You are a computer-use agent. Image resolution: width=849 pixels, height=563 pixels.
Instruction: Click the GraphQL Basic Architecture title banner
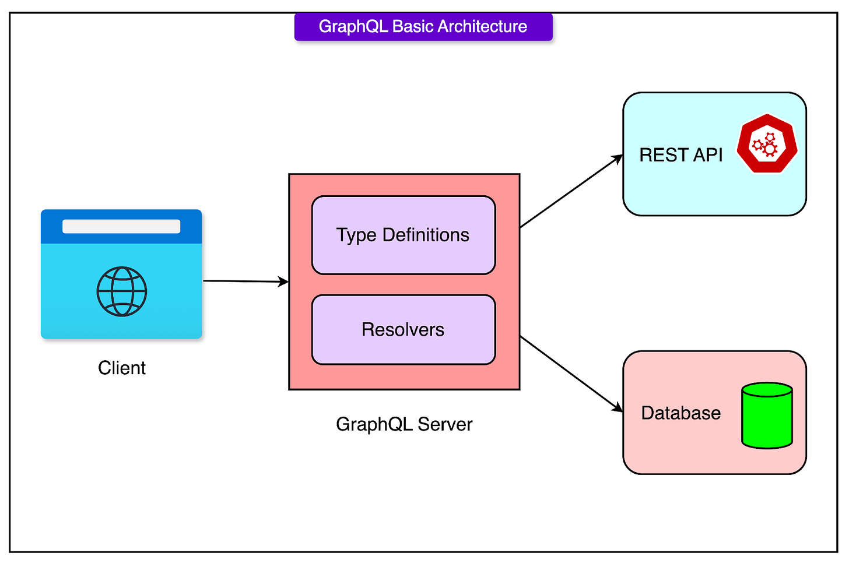point(423,27)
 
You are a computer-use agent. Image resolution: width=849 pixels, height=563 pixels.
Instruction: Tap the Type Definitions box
point(404,235)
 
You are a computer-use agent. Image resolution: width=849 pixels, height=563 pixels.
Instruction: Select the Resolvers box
point(404,330)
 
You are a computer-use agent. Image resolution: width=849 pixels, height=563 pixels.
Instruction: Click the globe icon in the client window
point(122,291)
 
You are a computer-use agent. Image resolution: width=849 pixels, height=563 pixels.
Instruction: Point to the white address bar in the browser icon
point(121,226)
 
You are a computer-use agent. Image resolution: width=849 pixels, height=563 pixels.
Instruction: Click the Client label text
point(122,368)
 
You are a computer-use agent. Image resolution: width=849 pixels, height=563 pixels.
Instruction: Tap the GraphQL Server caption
point(404,424)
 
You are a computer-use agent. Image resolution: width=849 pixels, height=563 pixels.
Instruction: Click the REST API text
point(680,155)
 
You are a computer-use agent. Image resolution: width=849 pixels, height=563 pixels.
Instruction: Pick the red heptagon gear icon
point(767,143)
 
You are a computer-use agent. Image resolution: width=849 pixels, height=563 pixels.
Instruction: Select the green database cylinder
point(767,416)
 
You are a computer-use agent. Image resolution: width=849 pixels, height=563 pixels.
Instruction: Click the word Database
point(680,413)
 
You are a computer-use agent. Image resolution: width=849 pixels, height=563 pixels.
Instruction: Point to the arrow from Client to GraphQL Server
point(246,281)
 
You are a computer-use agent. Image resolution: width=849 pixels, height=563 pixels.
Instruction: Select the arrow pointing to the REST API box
point(571,191)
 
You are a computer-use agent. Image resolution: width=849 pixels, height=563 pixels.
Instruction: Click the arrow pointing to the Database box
point(571,374)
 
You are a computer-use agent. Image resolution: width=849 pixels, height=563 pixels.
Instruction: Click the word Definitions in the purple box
point(426,235)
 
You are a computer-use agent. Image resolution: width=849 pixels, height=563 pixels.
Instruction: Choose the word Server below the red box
point(445,424)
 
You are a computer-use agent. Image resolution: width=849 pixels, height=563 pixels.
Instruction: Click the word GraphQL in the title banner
point(353,27)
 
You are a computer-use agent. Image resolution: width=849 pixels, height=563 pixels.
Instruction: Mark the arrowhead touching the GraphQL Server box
point(283,282)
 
